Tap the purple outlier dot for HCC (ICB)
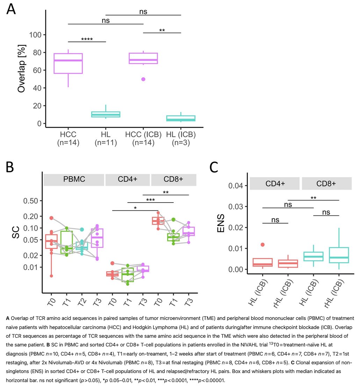(143, 79)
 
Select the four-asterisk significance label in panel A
(87, 39)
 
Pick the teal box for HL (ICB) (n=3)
(181, 118)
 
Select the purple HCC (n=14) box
(68, 63)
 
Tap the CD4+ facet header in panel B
(128, 180)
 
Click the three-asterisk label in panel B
(150, 200)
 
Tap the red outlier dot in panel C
(262, 244)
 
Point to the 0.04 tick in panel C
(236, 185)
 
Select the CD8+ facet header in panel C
(326, 183)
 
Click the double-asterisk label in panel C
(313, 197)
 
